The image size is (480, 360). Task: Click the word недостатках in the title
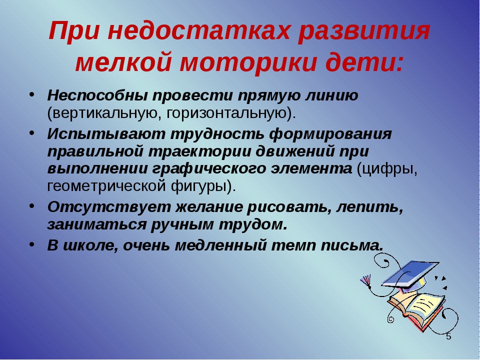198,30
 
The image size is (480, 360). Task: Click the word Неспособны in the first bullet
97,95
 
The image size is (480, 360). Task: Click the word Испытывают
106,134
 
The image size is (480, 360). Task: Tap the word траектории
199,151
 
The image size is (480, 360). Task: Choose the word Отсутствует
109,207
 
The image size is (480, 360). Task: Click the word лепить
370,207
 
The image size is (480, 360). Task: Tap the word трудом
253,225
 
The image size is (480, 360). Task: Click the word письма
352,245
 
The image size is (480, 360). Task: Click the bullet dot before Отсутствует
32,206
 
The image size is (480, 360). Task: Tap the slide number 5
448,336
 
